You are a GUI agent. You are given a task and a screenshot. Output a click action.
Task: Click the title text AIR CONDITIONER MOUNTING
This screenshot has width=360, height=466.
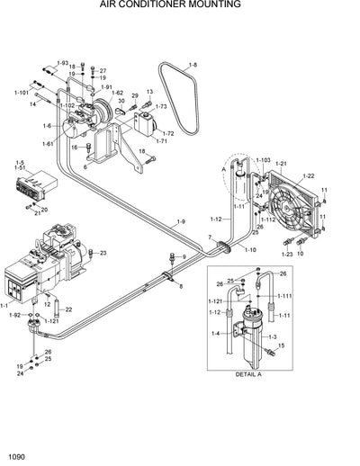[x=181, y=5]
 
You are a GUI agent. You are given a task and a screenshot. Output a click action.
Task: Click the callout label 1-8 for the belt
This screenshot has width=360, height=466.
[x=193, y=66]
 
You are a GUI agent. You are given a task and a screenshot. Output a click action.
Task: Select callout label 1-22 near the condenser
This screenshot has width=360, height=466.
[x=309, y=175]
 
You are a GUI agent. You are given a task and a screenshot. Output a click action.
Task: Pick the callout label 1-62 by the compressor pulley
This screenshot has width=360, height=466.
[x=117, y=93]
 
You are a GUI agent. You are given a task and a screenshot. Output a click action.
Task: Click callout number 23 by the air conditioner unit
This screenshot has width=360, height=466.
[x=103, y=253]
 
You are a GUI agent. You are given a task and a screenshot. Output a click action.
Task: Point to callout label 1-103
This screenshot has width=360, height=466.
[x=263, y=159]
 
